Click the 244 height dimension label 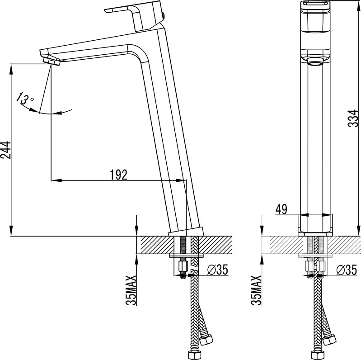click(x=5, y=150)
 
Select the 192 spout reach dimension click(x=118, y=175)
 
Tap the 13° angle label click(x=25, y=99)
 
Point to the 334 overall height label click(x=353, y=118)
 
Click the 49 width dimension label click(x=281, y=209)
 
